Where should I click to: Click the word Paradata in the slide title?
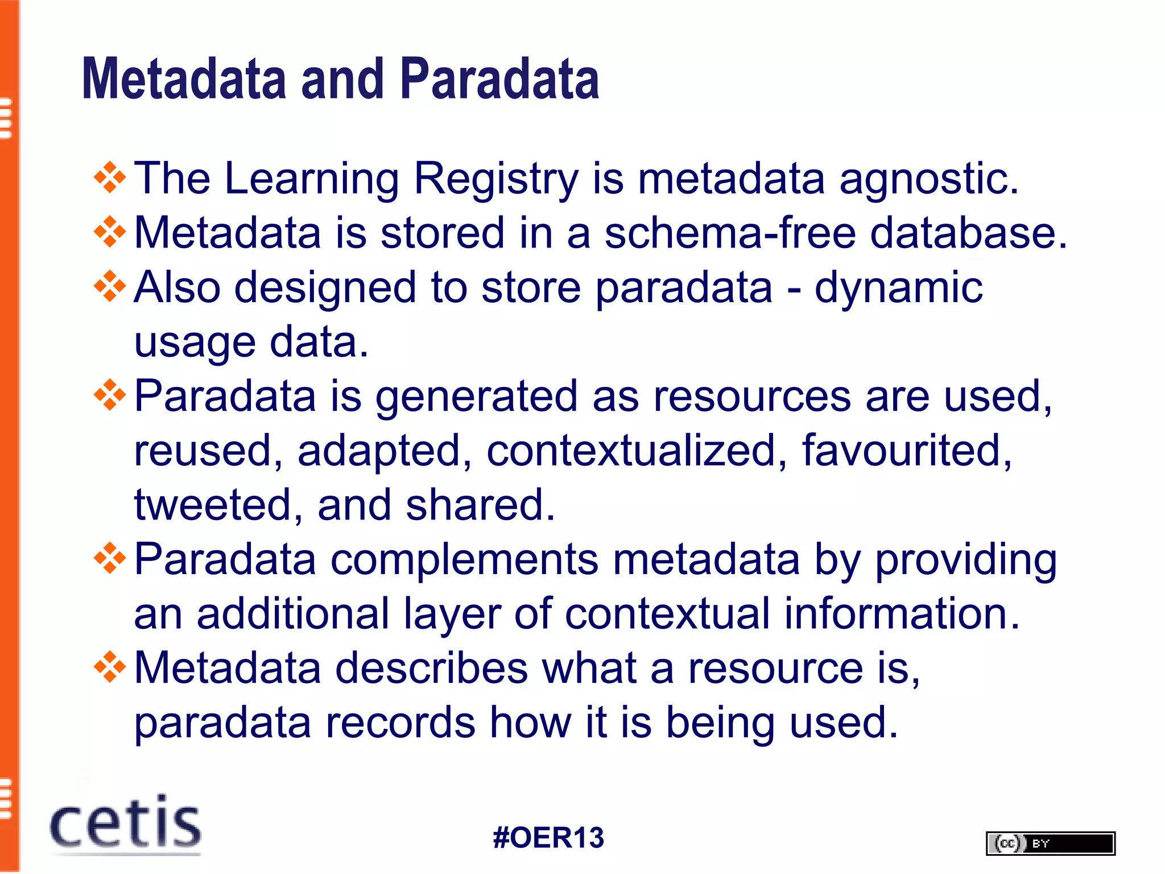pyautogui.click(x=499, y=80)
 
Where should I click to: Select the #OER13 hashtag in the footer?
pyautogui.click(x=548, y=838)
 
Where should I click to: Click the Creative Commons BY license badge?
pyautogui.click(x=1050, y=843)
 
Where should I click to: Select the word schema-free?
pyautogui.click(x=730, y=233)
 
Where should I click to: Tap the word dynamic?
pyautogui.click(x=899, y=288)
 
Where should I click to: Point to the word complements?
pyautogui.click(x=464, y=560)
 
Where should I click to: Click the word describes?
pyautogui.click(x=431, y=668)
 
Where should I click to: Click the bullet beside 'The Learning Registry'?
pyautogui.click(x=110, y=178)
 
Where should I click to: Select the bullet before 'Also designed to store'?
pyautogui.click(x=110, y=287)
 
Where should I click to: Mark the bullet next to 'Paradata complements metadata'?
pyautogui.click(x=110, y=558)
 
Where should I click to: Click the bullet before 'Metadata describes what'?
pyautogui.click(x=110, y=667)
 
